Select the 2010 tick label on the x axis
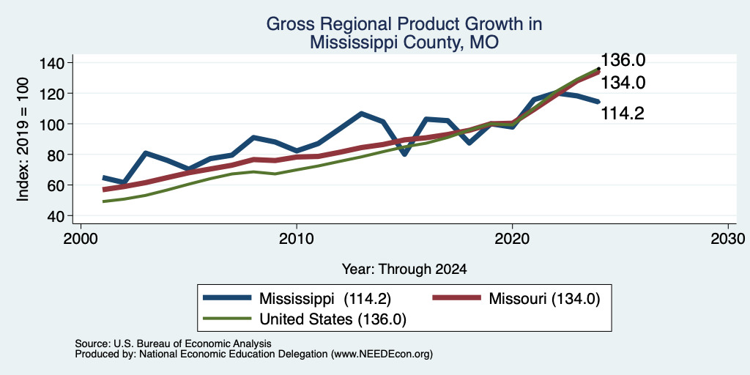(297, 238)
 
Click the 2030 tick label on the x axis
(728, 238)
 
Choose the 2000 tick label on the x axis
(81, 238)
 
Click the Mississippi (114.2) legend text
(325, 299)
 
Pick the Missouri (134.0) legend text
(544, 299)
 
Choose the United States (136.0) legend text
(333, 319)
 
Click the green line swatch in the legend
(227, 318)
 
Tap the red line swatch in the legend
(456, 297)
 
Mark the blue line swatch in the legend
(227, 297)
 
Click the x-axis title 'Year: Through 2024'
(404, 270)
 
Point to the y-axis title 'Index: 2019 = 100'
(23, 139)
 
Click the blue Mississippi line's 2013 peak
(362, 114)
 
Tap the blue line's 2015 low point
(404, 154)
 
